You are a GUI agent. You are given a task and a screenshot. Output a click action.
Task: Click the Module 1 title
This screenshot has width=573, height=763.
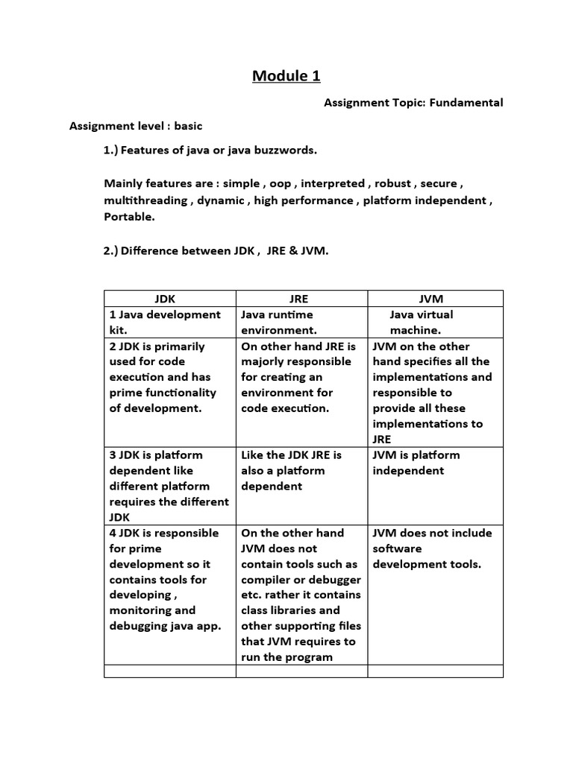[x=286, y=75]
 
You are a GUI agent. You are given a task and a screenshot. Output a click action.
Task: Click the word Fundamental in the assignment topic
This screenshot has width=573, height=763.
[x=469, y=102]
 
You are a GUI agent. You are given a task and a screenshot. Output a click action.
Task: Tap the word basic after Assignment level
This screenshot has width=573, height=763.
[x=188, y=126]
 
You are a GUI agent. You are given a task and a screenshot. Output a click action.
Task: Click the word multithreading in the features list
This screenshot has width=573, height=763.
[x=147, y=200]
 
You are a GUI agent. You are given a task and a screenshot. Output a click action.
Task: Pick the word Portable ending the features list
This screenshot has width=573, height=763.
[x=128, y=218]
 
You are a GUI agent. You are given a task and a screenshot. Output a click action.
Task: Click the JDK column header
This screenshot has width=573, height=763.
[x=169, y=298]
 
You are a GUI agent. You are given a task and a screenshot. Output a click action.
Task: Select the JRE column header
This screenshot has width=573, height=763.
[x=301, y=298]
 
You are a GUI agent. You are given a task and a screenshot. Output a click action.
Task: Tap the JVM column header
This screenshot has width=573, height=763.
[x=434, y=298]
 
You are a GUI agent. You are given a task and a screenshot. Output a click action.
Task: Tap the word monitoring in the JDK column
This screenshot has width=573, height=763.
[x=141, y=610]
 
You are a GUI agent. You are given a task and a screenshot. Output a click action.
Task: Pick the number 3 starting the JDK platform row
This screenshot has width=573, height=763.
[x=113, y=455]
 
